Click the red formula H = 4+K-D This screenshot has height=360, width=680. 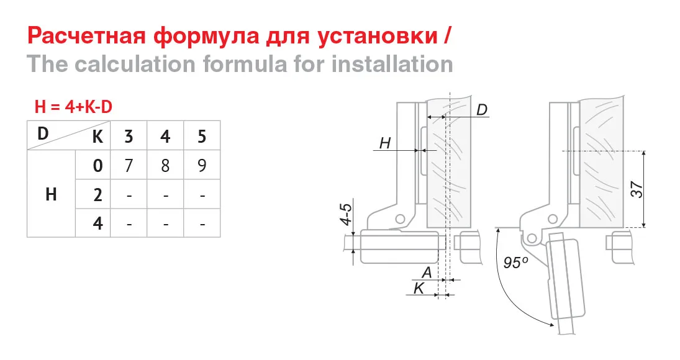pyautogui.click(x=73, y=107)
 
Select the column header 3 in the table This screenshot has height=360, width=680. pyautogui.click(x=129, y=136)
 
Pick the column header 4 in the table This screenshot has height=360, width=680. pyautogui.click(x=165, y=136)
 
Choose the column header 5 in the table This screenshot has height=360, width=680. pyautogui.click(x=202, y=136)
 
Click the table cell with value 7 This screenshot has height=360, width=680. pyautogui.click(x=129, y=166)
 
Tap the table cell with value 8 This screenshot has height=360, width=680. pyautogui.click(x=165, y=166)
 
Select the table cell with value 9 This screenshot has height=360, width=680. pyautogui.click(x=202, y=166)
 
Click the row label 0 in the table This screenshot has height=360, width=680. pyautogui.click(x=97, y=166)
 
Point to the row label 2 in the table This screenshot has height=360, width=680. pyautogui.click(x=97, y=195)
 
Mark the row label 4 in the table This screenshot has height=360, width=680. pyautogui.click(x=97, y=223)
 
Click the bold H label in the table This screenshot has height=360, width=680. pyautogui.click(x=51, y=195)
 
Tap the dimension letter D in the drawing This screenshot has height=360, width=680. pyautogui.click(x=482, y=110)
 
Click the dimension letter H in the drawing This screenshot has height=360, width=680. pyautogui.click(x=384, y=143)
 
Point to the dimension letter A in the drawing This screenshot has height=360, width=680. pyautogui.click(x=427, y=272)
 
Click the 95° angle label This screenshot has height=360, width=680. pyautogui.click(x=515, y=263)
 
